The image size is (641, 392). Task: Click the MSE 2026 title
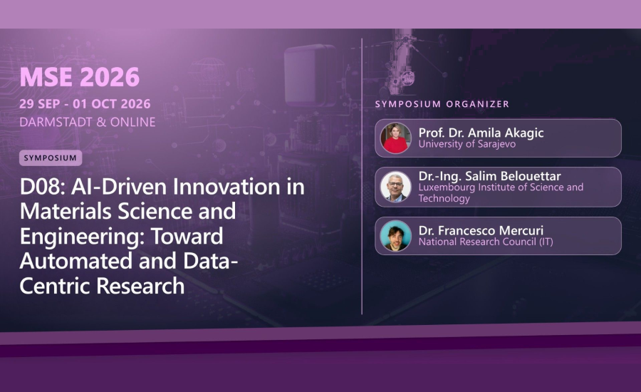80,77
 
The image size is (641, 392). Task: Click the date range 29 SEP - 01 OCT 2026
85,104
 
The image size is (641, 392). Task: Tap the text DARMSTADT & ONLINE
88,122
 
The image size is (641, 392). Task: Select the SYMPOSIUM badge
51,158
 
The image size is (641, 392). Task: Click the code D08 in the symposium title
42,187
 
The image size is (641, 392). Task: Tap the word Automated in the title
76,261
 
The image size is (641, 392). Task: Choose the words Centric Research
102,286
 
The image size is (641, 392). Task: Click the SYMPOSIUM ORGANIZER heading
442,104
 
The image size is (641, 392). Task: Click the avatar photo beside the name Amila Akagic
395,138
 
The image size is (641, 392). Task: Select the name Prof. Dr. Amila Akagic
481,133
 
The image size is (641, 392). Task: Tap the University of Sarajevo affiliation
467,144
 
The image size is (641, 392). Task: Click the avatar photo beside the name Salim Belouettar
395,187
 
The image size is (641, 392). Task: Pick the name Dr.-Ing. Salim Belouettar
489,176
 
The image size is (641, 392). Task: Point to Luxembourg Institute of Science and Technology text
501,192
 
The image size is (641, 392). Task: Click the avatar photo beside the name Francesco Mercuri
395,236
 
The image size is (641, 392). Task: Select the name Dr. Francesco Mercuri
481,230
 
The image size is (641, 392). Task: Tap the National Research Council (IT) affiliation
486,242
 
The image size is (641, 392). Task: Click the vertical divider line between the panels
362,176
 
